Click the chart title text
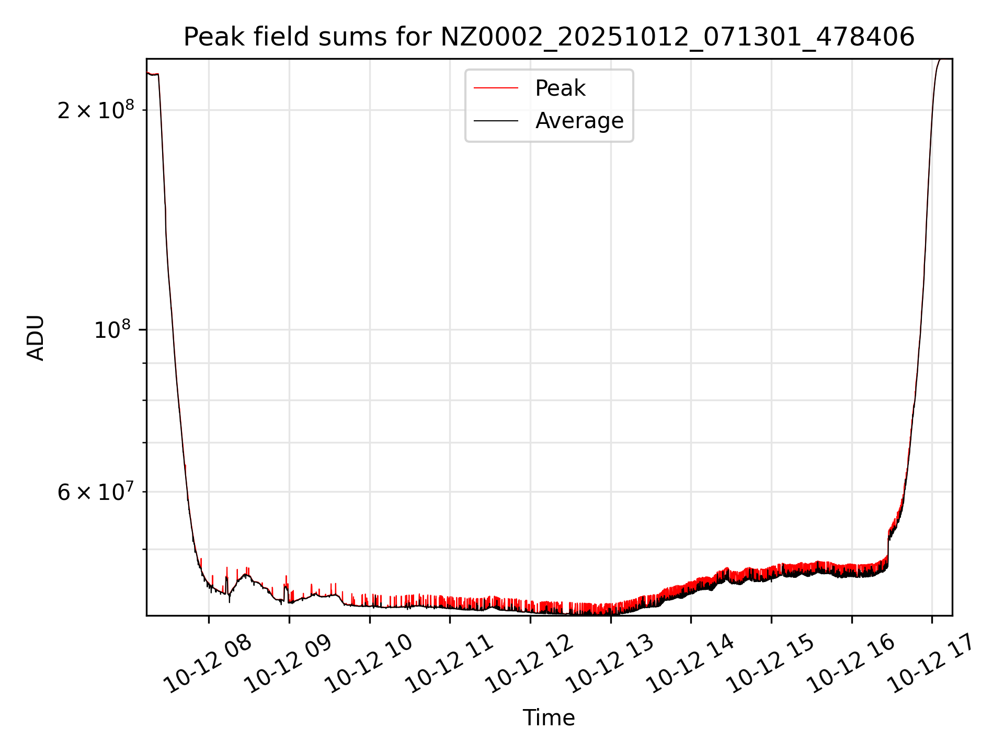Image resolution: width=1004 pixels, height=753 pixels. point(549,37)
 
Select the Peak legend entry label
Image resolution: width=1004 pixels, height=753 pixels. point(560,88)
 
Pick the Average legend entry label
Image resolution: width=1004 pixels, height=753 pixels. point(579,121)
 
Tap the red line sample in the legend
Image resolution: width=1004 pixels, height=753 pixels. point(496,88)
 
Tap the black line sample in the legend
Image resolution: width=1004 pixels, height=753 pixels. point(496,121)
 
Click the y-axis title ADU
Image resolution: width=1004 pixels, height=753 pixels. point(36,338)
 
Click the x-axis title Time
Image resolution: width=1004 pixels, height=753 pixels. point(549,718)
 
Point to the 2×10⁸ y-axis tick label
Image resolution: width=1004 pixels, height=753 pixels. point(95,110)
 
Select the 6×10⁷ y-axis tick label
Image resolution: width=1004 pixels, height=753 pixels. point(95,492)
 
